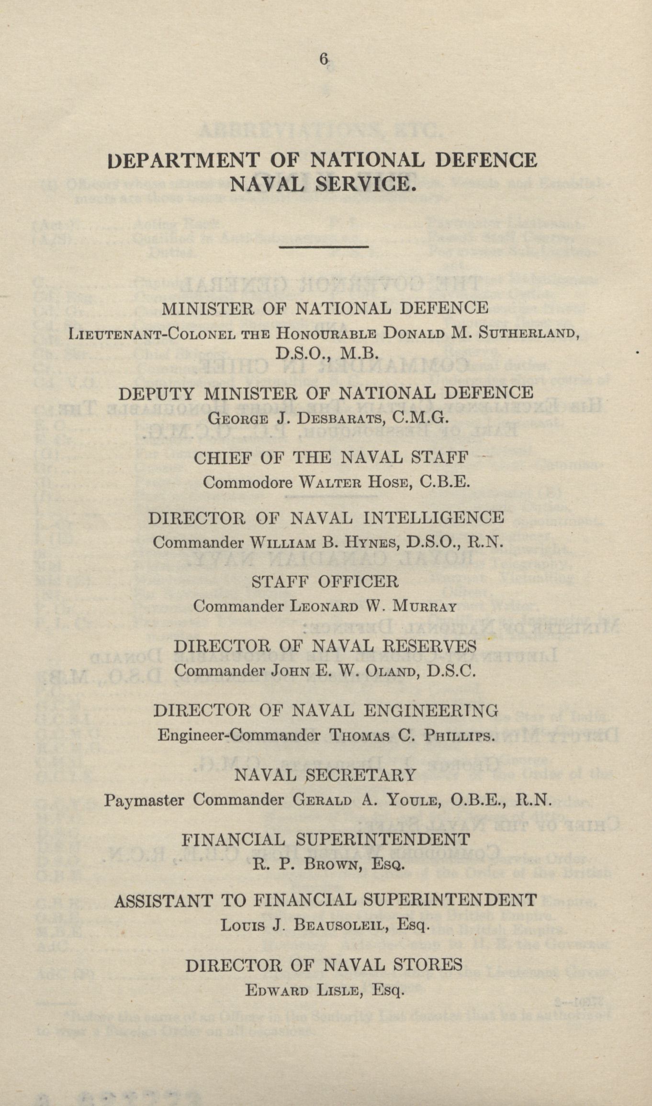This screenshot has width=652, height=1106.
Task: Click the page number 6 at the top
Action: coord(324,59)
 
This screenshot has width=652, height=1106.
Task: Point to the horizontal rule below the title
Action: coord(323,247)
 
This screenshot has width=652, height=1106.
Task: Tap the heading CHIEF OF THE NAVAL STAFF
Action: coord(330,458)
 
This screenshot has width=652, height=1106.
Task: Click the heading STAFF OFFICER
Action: coord(325,582)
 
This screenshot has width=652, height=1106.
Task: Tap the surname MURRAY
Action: coord(423,607)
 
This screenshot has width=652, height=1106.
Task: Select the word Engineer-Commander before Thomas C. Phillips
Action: coord(238,735)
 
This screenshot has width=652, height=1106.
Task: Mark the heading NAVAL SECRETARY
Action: coord(325,775)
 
